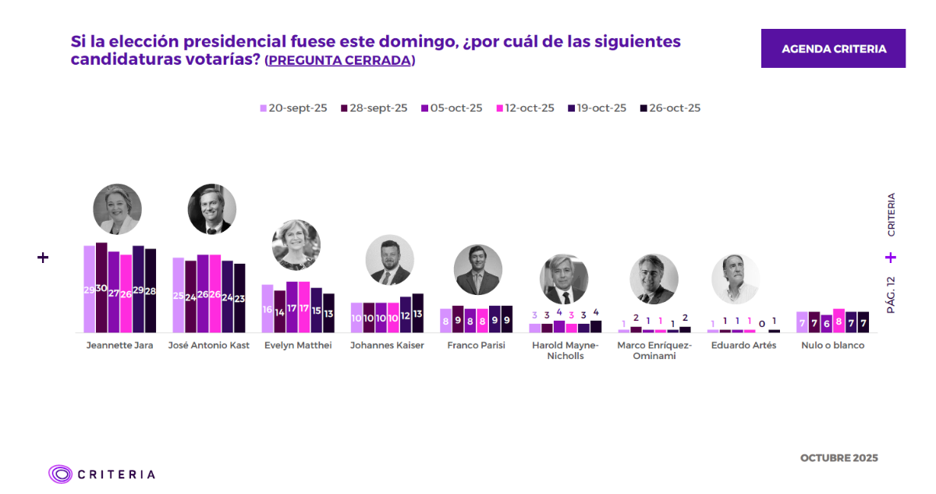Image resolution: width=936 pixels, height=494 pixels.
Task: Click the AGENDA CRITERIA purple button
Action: pyautogui.click(x=833, y=48)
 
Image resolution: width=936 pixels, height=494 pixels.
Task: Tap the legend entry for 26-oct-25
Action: pyautogui.click(x=670, y=108)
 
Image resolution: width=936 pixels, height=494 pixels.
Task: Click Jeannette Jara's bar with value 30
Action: pyautogui.click(x=101, y=288)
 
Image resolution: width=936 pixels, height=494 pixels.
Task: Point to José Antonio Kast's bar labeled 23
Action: pyautogui.click(x=239, y=298)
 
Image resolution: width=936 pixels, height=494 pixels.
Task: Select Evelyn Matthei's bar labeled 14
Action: pyautogui.click(x=280, y=311)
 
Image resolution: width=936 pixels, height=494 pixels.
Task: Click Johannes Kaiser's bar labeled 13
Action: pyautogui.click(x=418, y=313)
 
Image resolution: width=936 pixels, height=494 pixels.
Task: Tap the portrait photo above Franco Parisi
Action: pyautogui.click(x=478, y=270)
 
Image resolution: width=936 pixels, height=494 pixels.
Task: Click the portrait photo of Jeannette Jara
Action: pyautogui.click(x=117, y=209)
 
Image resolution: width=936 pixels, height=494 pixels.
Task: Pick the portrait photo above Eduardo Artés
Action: pyautogui.click(x=735, y=279)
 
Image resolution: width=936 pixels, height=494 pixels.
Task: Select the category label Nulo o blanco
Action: pyautogui.click(x=832, y=345)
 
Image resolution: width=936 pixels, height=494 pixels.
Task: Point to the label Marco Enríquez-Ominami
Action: pyautogui.click(x=654, y=350)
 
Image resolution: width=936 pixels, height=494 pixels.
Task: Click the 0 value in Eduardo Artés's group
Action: pyautogui.click(x=762, y=323)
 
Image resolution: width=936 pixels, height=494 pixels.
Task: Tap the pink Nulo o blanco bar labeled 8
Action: pyautogui.click(x=839, y=321)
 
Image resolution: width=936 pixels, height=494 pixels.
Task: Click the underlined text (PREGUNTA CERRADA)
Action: pyautogui.click(x=339, y=60)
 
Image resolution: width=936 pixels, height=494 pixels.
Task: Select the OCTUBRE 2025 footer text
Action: pyautogui.click(x=838, y=458)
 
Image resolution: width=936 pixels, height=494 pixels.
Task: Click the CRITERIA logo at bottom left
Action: pyautogui.click(x=101, y=474)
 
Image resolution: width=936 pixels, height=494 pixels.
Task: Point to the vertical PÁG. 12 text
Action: pyautogui.click(x=891, y=295)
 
